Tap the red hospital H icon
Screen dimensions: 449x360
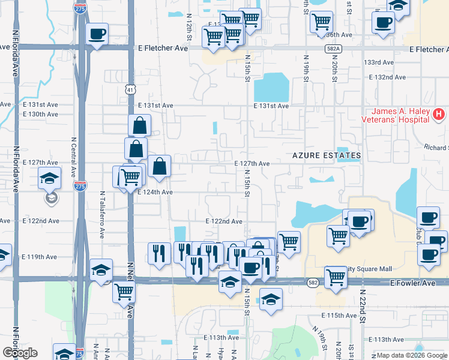click(x=439, y=113)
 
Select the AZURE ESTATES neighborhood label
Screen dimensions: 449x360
click(x=327, y=155)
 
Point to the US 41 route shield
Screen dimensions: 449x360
click(x=130, y=89)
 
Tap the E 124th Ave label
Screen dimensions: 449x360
click(x=155, y=192)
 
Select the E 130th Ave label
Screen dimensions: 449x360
click(x=40, y=114)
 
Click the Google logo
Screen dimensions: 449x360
click(x=20, y=353)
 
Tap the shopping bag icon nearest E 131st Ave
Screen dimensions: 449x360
click(x=139, y=126)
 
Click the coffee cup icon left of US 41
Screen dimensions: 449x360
click(x=96, y=34)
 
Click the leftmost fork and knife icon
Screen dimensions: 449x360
click(x=158, y=253)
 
